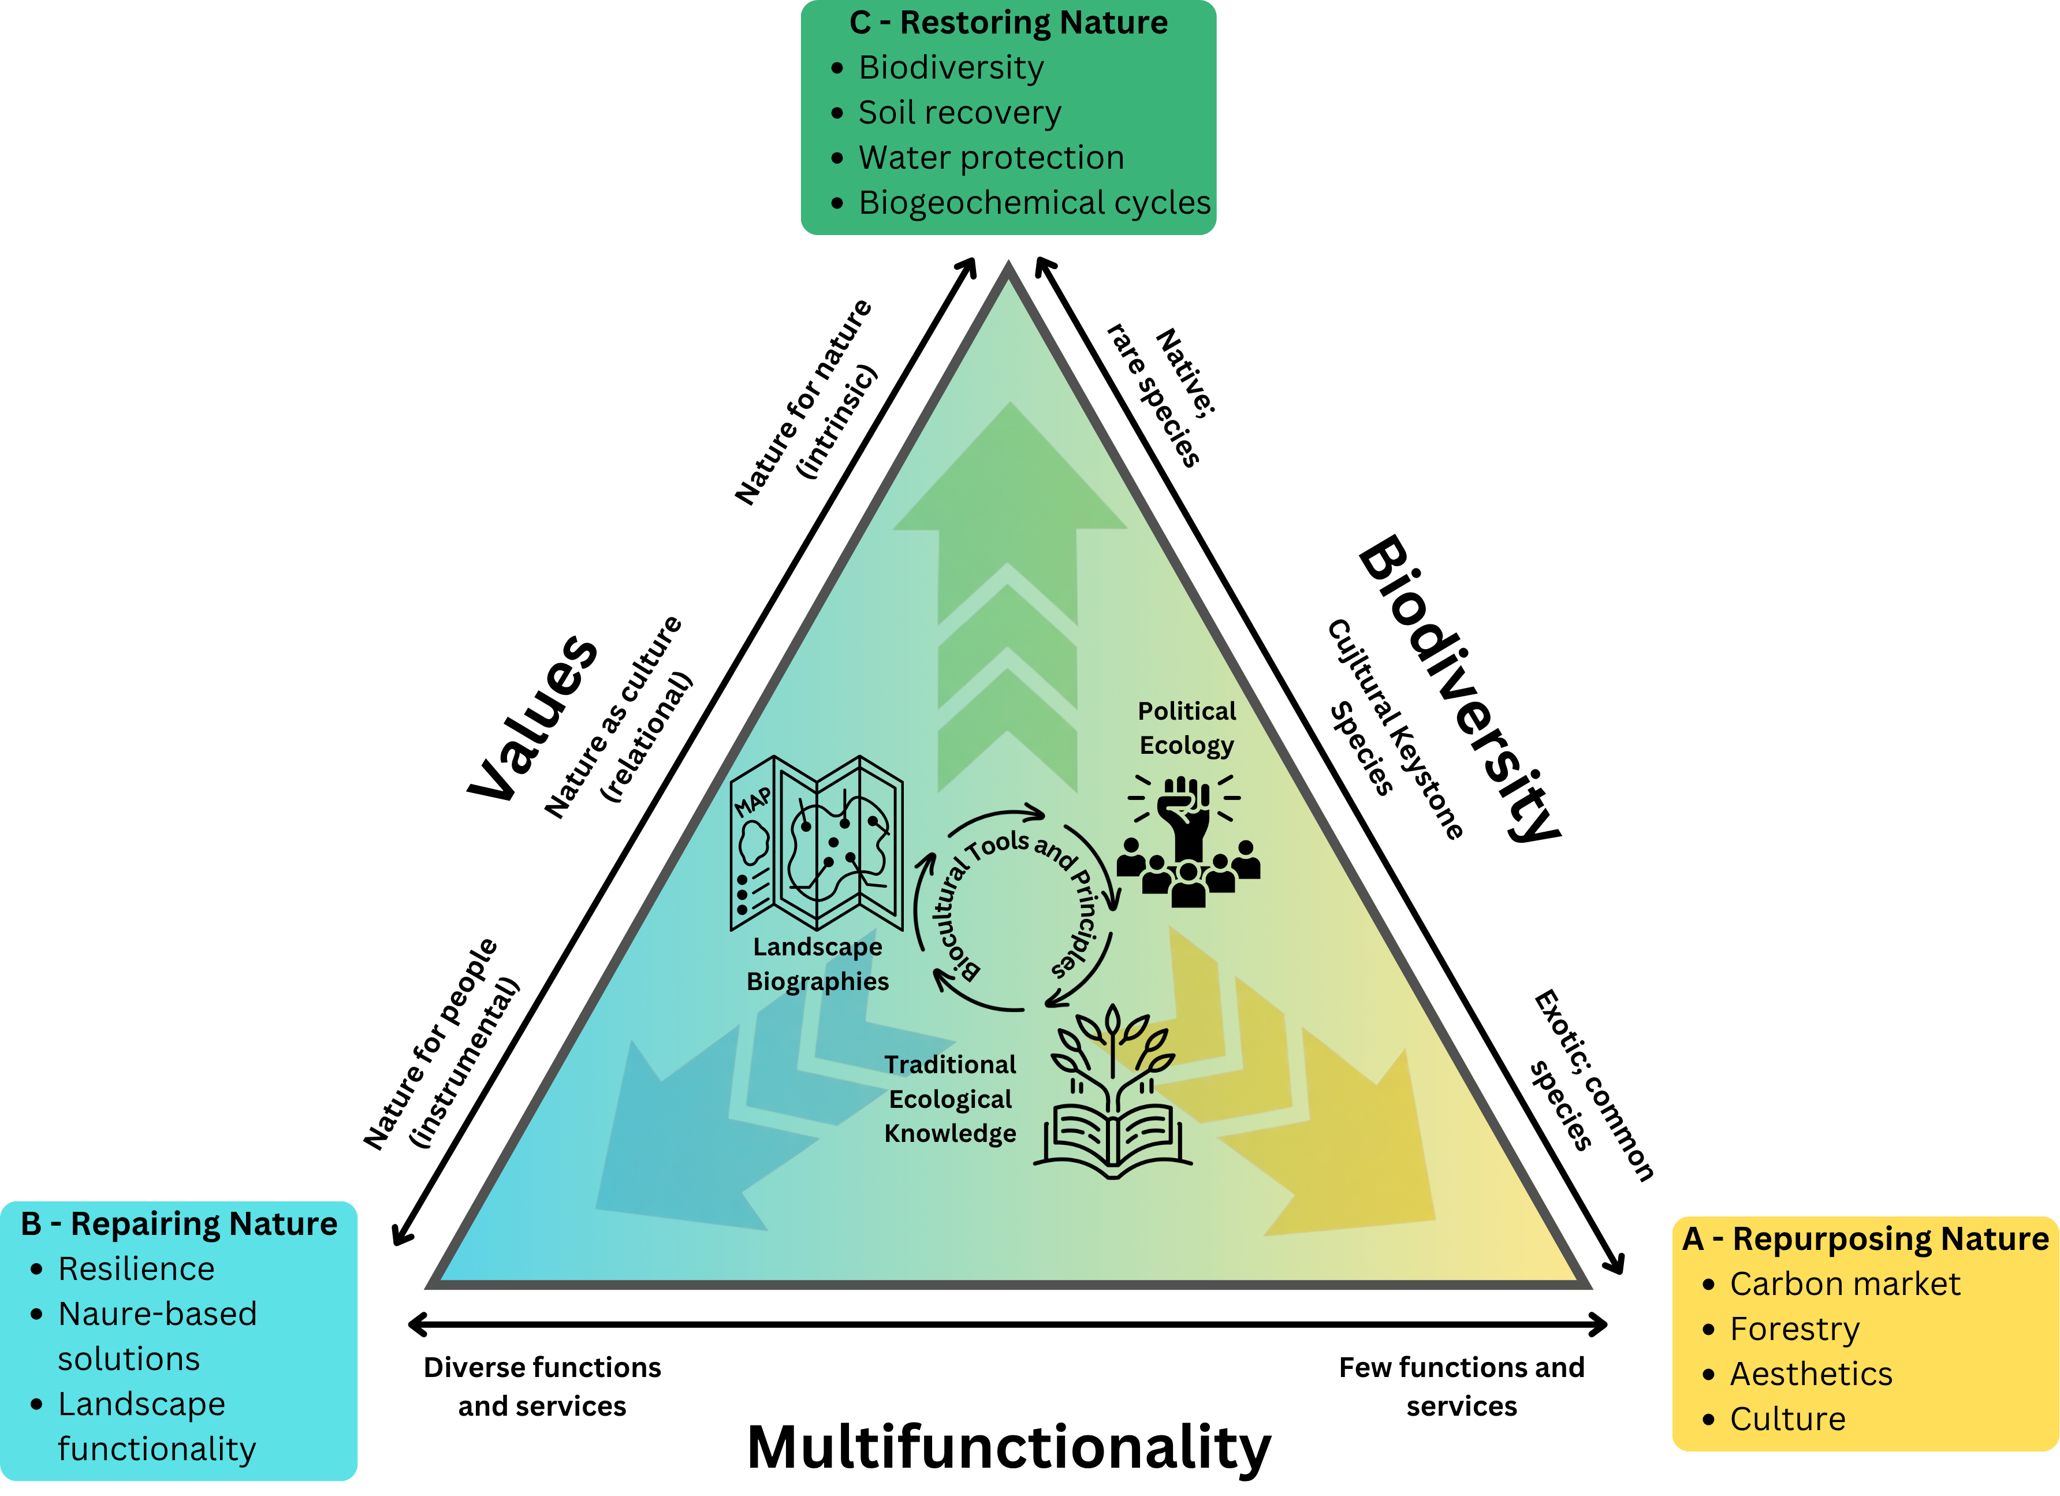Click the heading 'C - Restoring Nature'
pos(1008,23)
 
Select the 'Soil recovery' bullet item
pos(959,113)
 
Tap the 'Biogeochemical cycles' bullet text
pos(1034,203)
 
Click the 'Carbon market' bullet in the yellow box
pos(1844,1285)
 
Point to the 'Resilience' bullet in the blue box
pos(136,1269)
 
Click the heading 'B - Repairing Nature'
pos(179,1225)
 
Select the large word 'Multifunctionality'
pos(1008,1448)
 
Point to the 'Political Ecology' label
pos(1186,728)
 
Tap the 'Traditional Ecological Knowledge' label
pos(950,1099)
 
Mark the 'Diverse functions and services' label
pos(542,1387)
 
